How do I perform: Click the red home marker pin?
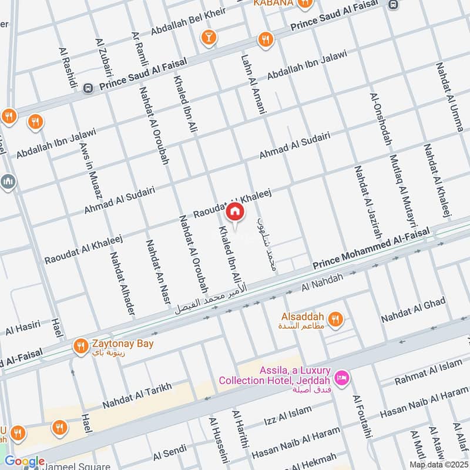click(x=234, y=211)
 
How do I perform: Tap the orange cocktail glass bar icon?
click(x=207, y=39)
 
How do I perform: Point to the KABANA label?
click(x=274, y=4)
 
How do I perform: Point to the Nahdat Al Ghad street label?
click(x=413, y=310)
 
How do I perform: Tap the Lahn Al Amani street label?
click(x=254, y=85)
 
